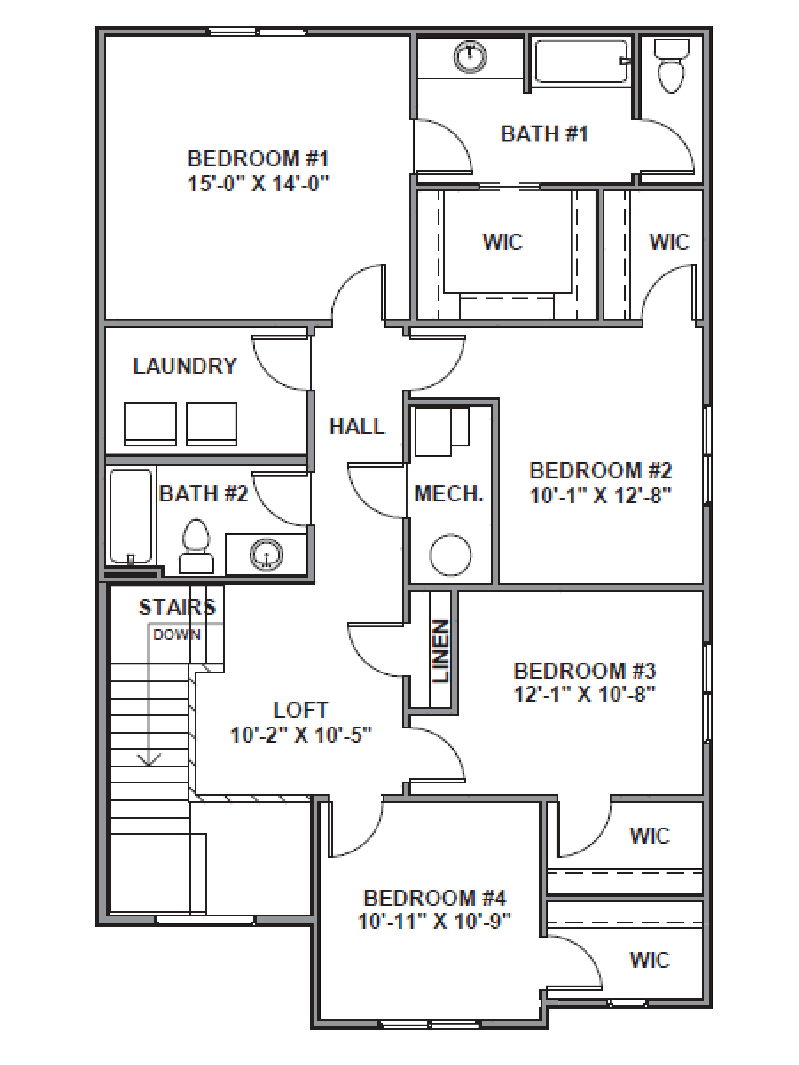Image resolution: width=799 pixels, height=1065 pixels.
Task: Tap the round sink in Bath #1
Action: pos(470,57)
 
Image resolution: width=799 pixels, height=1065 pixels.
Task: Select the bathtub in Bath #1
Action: pos(581,62)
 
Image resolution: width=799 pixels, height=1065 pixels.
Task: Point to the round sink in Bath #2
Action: pos(266,554)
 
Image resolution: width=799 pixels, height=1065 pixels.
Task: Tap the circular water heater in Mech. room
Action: pos(450,555)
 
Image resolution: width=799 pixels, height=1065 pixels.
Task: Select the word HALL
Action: pos(357,427)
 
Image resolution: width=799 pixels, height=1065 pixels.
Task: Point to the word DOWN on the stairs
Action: pos(177,635)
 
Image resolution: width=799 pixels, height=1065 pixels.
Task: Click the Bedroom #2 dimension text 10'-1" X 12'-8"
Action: pos(600,495)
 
